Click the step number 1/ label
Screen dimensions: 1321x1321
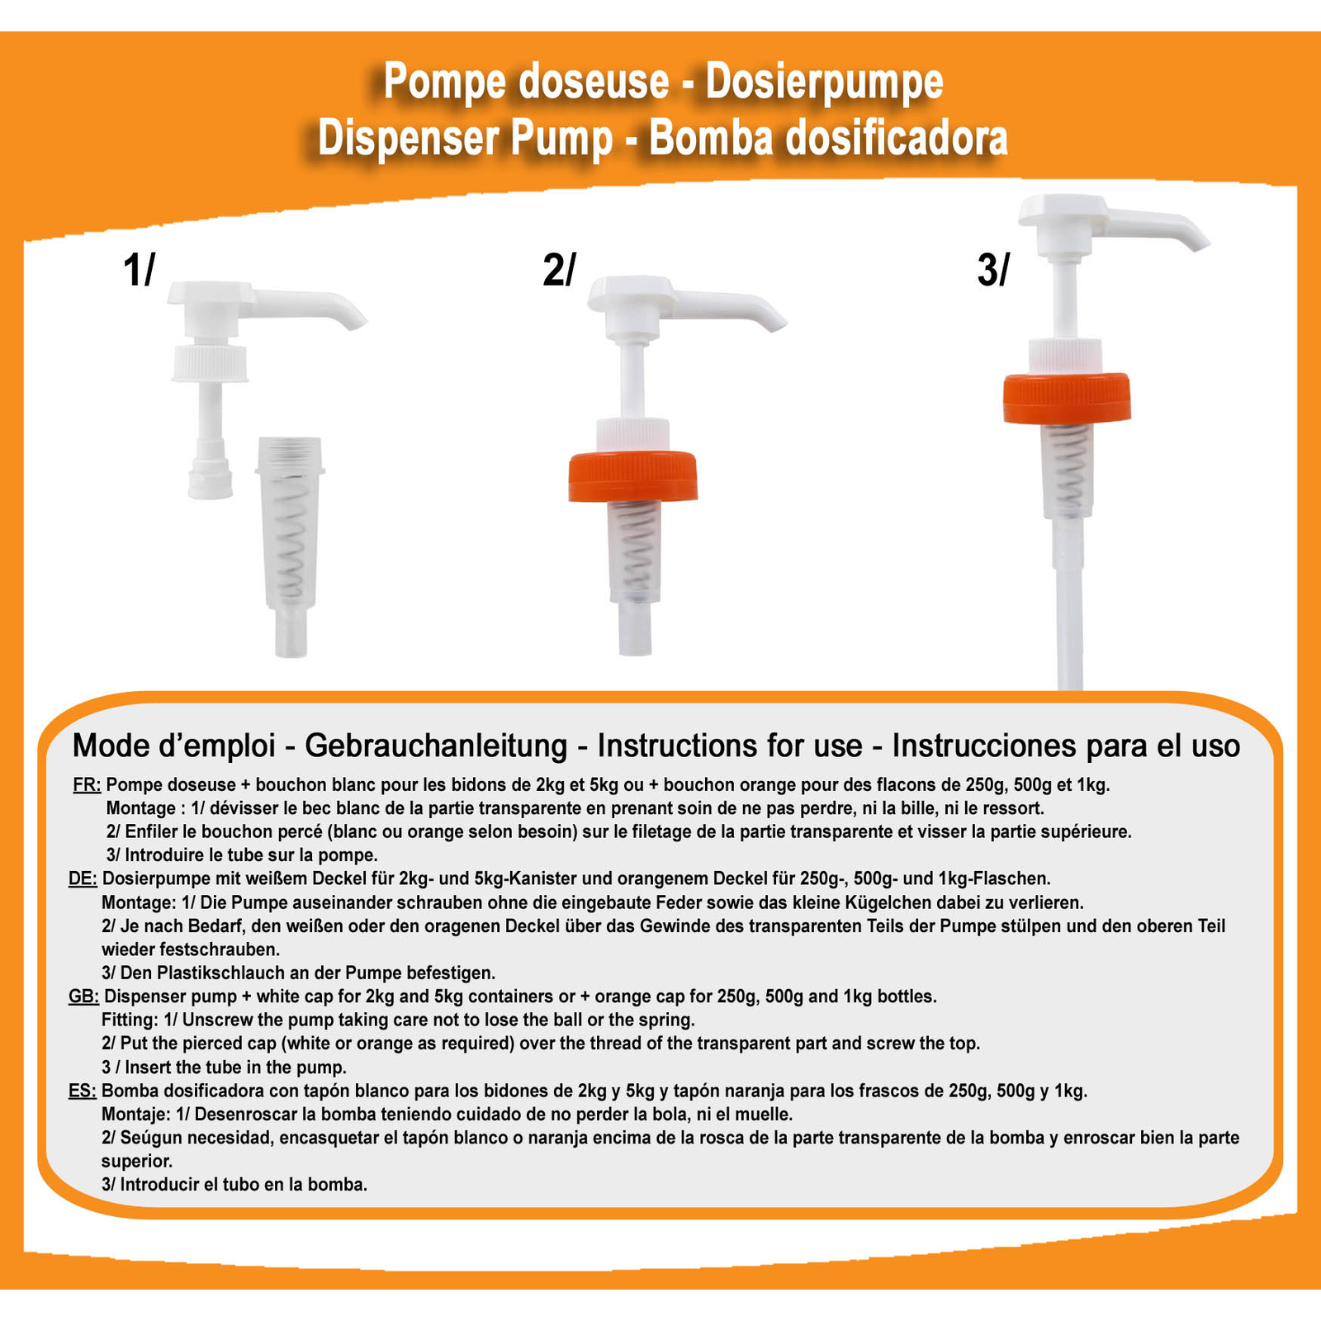pos(139,270)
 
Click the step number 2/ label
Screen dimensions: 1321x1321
pos(559,270)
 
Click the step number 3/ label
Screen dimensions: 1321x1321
pos(992,270)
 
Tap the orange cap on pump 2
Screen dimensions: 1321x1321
pos(633,476)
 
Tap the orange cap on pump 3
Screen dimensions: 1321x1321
pos(1067,398)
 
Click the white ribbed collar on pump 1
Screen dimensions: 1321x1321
pos(210,363)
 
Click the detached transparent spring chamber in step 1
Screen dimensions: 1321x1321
pos(290,545)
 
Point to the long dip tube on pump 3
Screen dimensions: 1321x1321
pos(1069,603)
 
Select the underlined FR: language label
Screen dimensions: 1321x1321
pos(87,784)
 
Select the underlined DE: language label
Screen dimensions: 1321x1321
pos(83,878)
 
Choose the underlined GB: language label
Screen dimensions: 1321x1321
pos(83,997)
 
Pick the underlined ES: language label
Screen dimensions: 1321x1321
pos(83,1091)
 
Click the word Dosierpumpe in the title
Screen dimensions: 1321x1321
pos(824,83)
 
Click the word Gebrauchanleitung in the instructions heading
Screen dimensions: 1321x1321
pos(436,746)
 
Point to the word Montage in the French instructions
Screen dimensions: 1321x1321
pos(140,808)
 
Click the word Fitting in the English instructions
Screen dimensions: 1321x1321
pos(128,1020)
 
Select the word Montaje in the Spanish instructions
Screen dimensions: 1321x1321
pos(135,1115)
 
